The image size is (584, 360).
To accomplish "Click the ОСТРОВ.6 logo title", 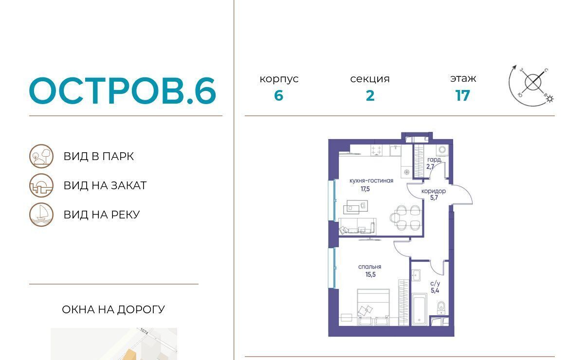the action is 123,90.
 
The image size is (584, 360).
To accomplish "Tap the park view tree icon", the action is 41,156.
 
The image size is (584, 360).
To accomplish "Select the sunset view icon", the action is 41,185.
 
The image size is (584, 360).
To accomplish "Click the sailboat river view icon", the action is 41,215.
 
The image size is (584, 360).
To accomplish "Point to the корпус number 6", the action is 279,96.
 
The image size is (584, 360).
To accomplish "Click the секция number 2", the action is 370,96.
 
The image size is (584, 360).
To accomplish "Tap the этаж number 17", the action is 463,96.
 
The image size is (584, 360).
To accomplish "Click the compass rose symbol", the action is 531,85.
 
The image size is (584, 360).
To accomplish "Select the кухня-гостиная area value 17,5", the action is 365,189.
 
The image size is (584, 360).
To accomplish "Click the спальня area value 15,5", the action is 370,274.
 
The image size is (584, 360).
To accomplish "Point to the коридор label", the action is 434,191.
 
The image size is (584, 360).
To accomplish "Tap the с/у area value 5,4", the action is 435,290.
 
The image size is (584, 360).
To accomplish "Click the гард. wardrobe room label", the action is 434,160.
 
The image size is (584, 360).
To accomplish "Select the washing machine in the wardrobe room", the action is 442,150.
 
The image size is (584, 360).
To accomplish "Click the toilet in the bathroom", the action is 441,307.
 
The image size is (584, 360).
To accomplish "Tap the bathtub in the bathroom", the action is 420,309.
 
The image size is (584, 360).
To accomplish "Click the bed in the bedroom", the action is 373,307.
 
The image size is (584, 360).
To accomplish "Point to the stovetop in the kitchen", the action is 376,150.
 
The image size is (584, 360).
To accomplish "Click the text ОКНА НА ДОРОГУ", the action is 113,309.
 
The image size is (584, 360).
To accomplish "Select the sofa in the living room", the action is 357,226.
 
